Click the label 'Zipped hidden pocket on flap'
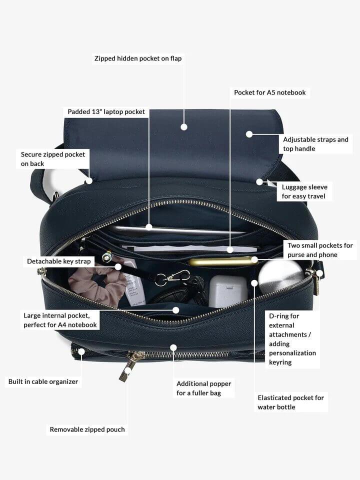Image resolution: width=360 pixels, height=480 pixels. point(138,58)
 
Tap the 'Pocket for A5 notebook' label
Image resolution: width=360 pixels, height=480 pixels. point(269,92)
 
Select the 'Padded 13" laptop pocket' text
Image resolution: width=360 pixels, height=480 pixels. point(106,111)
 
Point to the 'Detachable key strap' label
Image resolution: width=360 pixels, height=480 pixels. point(59,261)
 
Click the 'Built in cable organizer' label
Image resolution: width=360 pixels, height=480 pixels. point(43,381)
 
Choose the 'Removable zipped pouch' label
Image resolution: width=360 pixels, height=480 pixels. point(87,429)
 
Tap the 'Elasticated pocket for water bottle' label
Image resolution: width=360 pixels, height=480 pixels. point(290,402)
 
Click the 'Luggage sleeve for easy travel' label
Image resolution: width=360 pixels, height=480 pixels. point(304,191)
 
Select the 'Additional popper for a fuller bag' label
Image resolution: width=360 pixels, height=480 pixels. point(203,388)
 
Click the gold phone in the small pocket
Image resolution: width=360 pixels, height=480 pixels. point(220,261)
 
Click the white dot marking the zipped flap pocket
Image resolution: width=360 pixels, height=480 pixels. point(184,127)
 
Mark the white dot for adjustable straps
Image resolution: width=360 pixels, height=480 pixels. point(249,134)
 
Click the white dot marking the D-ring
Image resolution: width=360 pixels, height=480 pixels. point(319,273)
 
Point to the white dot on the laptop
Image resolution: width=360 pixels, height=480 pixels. point(149,227)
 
